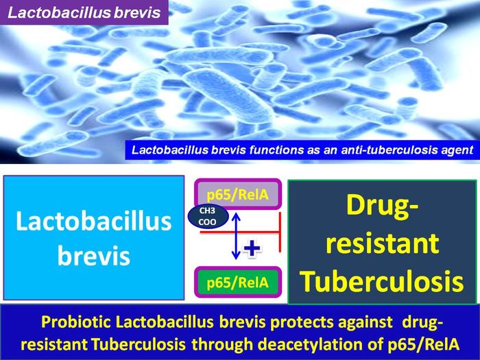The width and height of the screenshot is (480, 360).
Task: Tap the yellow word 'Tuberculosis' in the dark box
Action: (x=381, y=280)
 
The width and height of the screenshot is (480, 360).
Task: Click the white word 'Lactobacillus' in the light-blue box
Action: (x=94, y=223)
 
